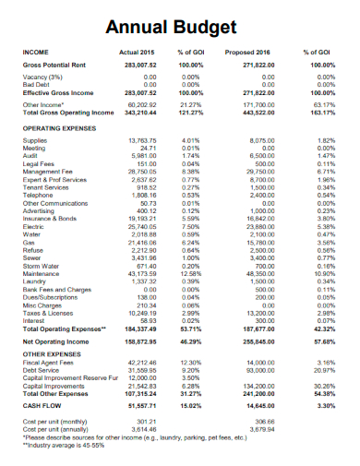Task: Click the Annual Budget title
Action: [180, 27]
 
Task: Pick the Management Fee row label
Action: [47, 171]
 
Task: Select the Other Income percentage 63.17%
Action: [324, 105]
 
